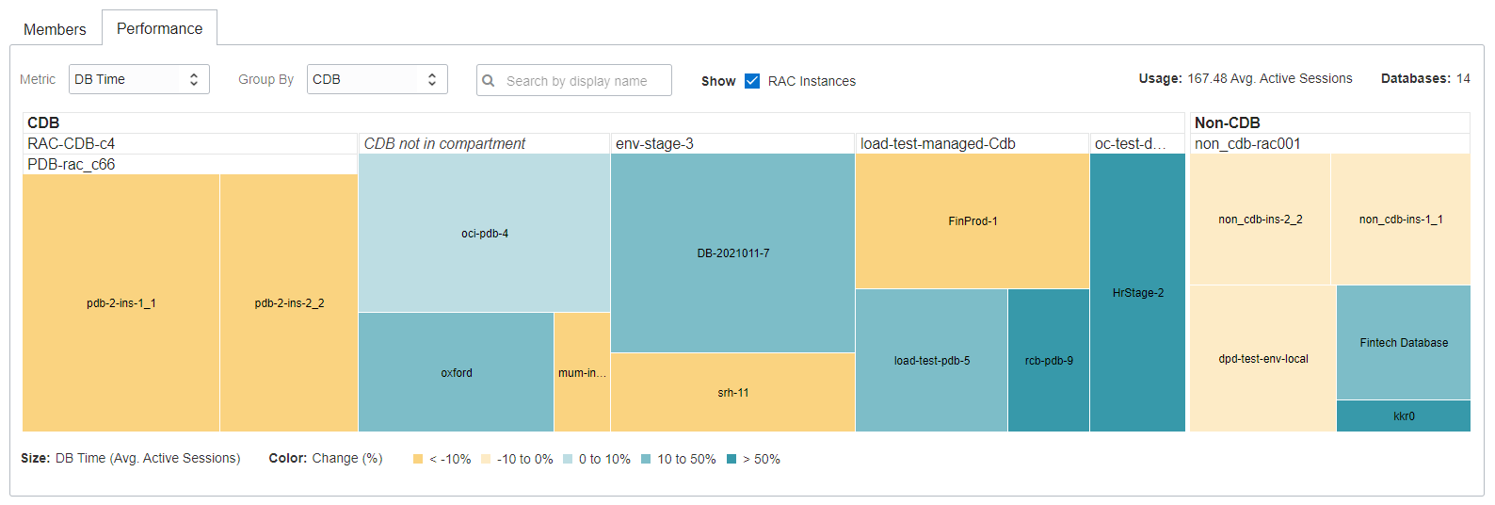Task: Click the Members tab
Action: click(55, 29)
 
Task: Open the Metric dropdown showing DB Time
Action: click(138, 79)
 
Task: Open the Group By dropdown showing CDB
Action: click(377, 79)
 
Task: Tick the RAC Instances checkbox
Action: click(752, 81)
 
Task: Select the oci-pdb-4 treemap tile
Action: click(484, 233)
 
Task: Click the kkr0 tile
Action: click(1404, 415)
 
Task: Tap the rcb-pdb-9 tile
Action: click(1049, 360)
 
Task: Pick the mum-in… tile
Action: click(582, 372)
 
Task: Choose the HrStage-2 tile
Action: click(1137, 292)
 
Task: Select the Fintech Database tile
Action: click(1403, 342)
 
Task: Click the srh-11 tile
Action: click(732, 392)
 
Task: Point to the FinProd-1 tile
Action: click(973, 220)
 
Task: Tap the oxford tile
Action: click(457, 372)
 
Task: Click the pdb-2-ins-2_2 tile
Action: click(289, 302)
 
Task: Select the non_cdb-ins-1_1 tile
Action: click(1400, 219)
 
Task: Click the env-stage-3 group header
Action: click(654, 143)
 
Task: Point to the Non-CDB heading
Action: click(1227, 122)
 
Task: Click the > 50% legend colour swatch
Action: click(731, 459)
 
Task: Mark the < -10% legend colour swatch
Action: click(418, 459)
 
